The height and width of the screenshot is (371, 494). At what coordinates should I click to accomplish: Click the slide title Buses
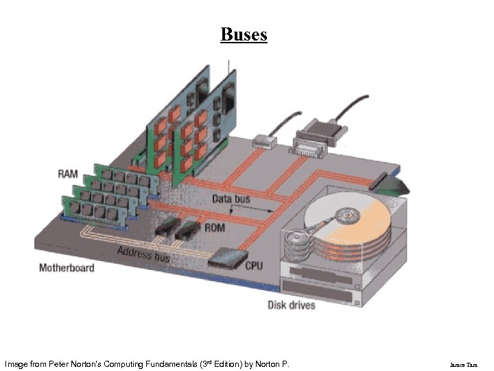[x=244, y=34]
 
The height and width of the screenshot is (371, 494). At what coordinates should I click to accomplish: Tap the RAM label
[x=68, y=173]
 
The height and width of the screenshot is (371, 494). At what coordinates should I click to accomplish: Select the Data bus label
[x=231, y=199]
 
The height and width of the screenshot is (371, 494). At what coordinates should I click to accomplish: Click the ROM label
[x=215, y=227]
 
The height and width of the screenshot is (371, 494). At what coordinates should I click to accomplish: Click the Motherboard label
[x=67, y=267]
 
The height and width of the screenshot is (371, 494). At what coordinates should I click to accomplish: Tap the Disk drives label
[x=292, y=304]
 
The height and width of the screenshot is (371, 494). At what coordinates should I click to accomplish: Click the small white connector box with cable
[x=263, y=142]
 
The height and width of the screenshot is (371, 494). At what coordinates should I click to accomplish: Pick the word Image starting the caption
[x=16, y=363]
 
